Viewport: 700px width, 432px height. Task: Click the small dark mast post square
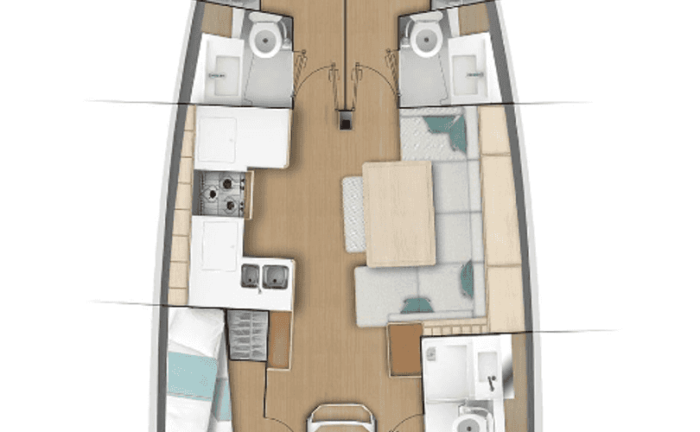click(346, 122)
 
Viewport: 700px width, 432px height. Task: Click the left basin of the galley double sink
click(251, 276)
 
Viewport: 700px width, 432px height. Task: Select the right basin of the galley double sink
click(275, 276)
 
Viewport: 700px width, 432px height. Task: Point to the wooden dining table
click(398, 213)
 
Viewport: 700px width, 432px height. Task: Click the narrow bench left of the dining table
click(353, 213)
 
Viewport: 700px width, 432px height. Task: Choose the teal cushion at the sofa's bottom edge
click(419, 304)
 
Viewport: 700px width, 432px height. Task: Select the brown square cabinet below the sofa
click(404, 349)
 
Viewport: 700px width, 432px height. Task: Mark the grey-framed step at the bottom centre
click(342, 418)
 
